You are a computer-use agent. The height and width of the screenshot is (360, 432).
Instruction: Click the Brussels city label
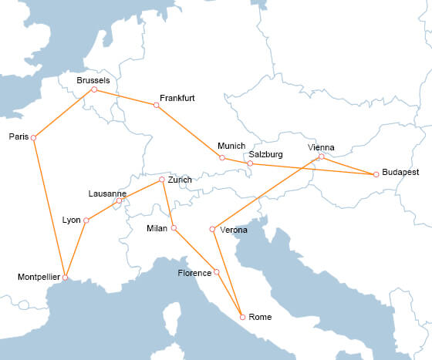(x=93, y=80)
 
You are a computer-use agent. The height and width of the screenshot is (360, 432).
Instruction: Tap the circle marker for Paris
(x=33, y=137)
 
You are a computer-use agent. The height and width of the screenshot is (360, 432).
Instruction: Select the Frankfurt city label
(x=177, y=99)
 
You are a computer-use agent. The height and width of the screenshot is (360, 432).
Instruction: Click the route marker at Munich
(x=222, y=158)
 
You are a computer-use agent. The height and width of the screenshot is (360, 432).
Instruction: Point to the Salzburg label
(x=266, y=154)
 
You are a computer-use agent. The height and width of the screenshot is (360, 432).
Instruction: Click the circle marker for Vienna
(x=322, y=157)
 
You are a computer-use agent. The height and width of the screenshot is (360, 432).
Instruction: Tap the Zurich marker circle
(x=161, y=180)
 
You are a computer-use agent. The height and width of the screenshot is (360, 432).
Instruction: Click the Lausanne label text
(x=107, y=193)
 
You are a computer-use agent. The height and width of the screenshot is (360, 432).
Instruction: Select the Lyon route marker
(x=86, y=220)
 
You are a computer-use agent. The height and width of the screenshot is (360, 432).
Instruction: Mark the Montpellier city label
(x=38, y=276)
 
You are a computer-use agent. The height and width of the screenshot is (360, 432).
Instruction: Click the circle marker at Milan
(x=174, y=227)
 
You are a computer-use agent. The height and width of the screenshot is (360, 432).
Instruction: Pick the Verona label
(x=234, y=230)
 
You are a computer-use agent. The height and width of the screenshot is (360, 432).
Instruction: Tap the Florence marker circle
(x=217, y=272)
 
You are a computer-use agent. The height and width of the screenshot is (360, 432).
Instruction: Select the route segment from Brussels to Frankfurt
(x=125, y=97)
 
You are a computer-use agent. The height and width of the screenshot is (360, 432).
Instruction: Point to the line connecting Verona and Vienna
(x=266, y=193)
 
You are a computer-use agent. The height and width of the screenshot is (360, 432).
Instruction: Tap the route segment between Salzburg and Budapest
(x=312, y=169)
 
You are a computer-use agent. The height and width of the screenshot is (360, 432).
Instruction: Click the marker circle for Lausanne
(x=119, y=202)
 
